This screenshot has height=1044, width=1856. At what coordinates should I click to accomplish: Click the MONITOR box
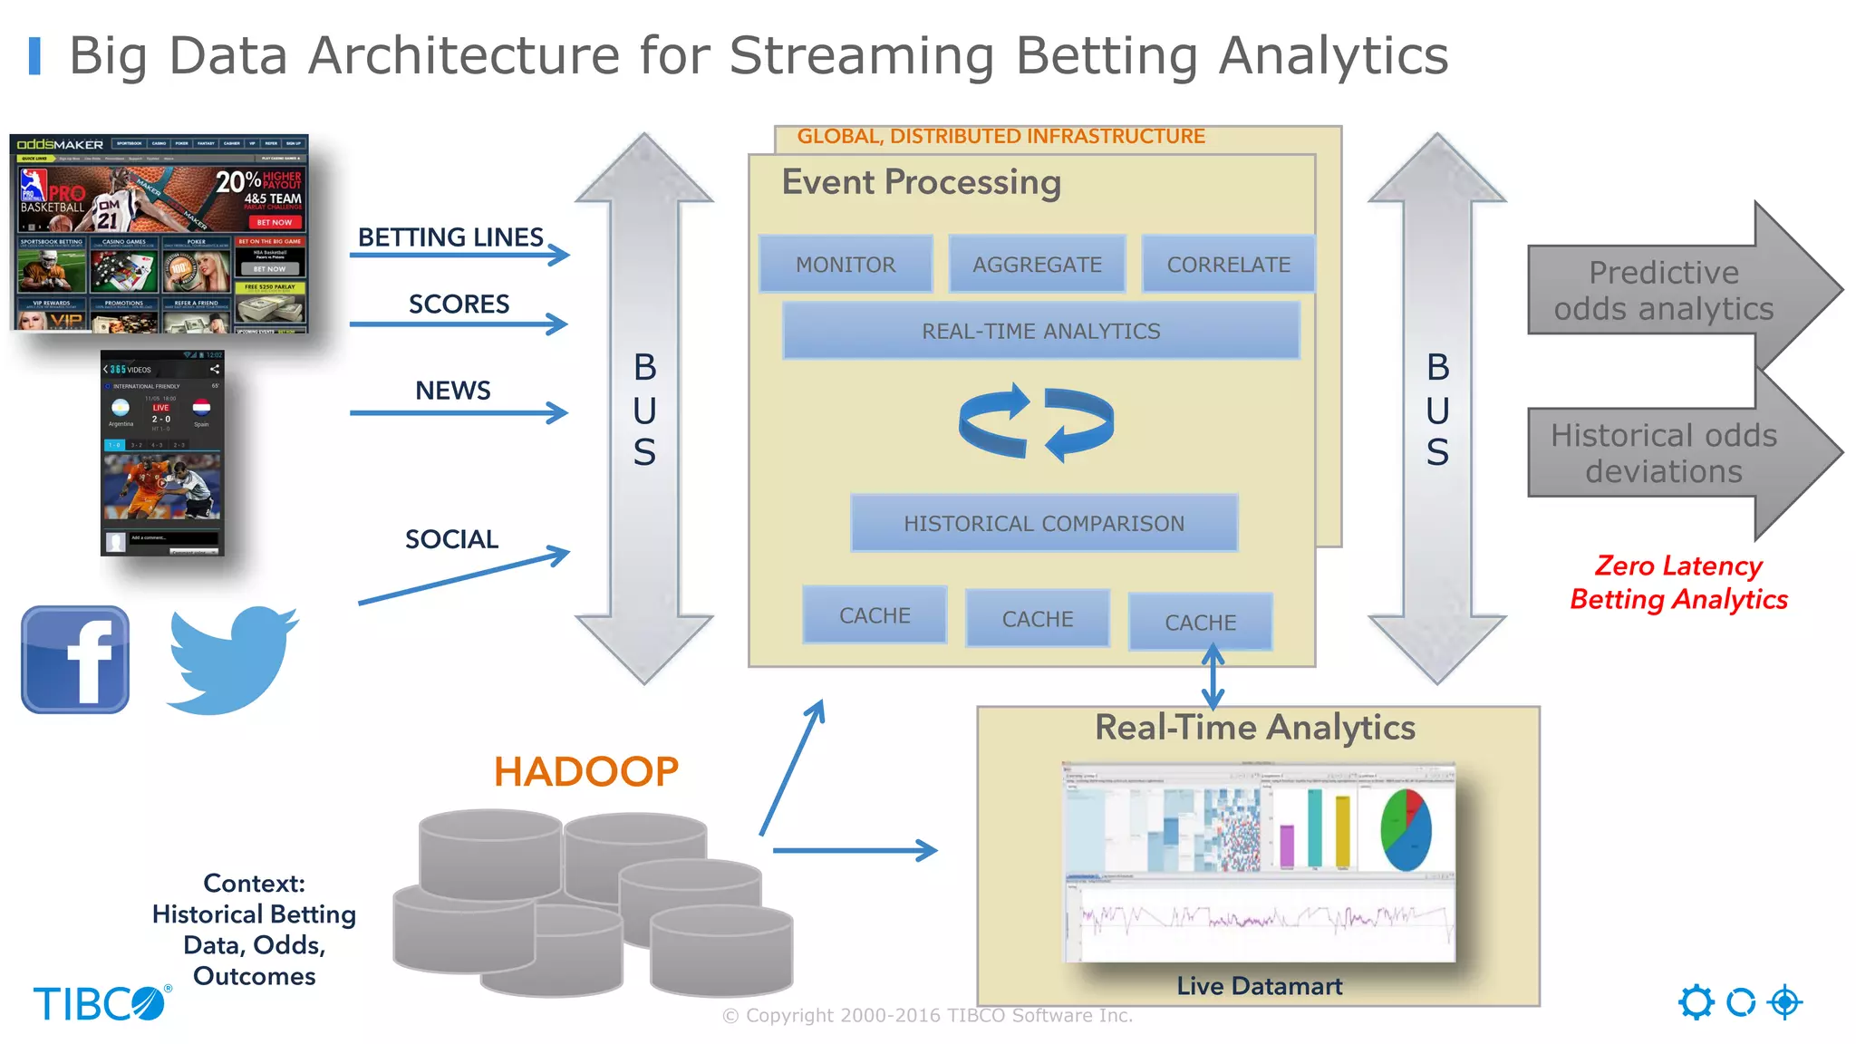(846, 265)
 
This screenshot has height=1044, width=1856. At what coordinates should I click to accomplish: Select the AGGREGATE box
(1037, 265)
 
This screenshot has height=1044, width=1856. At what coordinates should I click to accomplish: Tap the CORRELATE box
(1228, 265)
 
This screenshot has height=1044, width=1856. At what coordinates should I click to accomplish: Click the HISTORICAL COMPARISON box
(1044, 524)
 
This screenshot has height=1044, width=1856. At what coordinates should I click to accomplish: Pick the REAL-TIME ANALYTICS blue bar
(1040, 332)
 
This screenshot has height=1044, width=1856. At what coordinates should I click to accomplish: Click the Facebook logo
(75, 660)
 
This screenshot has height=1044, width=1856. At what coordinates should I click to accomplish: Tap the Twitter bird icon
(233, 659)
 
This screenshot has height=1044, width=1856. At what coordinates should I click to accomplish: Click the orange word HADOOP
(586, 772)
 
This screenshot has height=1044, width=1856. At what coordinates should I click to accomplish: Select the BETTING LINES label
(450, 237)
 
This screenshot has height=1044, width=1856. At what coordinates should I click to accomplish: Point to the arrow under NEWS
(459, 413)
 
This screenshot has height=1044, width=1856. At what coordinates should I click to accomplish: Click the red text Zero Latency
(1678, 566)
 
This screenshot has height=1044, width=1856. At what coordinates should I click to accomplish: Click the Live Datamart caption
(1259, 986)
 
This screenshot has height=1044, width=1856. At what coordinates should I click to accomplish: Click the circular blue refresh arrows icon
(1037, 422)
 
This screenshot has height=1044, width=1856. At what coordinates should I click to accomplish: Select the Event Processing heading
(921, 182)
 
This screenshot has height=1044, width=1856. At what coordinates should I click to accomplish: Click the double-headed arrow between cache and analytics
(1213, 677)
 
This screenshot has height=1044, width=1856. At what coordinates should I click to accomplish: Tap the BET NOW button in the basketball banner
(274, 222)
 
